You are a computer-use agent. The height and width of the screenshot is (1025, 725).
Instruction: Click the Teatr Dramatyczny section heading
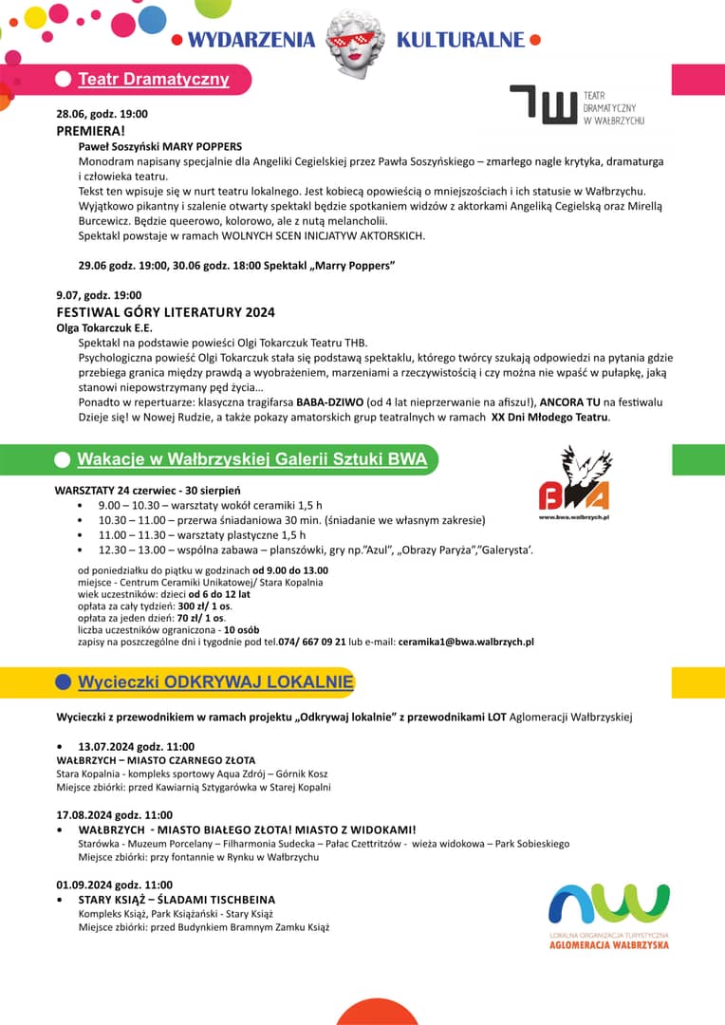(153, 79)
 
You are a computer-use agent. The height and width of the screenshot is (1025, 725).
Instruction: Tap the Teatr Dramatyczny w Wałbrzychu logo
(578, 104)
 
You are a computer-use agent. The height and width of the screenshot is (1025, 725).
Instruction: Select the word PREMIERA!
(90, 130)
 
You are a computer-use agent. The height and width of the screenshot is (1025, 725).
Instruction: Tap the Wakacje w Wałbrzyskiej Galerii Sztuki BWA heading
(252, 460)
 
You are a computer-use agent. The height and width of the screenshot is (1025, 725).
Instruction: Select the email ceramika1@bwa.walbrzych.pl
(466, 642)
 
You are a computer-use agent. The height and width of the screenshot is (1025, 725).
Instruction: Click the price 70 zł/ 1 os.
(204, 617)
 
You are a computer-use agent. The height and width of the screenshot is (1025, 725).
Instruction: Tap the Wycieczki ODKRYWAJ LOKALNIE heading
(215, 682)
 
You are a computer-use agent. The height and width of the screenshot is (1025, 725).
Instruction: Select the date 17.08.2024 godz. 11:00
(114, 814)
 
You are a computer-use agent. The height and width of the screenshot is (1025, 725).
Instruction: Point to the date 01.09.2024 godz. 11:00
(114, 884)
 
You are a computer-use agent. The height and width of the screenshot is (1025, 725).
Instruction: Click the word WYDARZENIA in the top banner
(251, 40)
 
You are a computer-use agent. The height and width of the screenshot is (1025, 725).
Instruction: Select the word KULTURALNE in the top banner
(460, 40)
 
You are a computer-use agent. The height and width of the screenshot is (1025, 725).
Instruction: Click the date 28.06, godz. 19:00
(102, 114)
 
